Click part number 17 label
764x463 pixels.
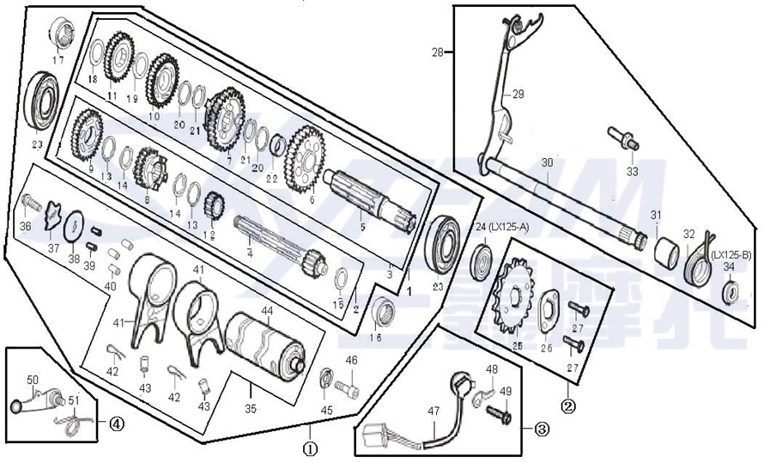(x=58, y=60)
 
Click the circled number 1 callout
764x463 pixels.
(x=310, y=447)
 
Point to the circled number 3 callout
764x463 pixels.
(x=541, y=427)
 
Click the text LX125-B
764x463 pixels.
(x=731, y=254)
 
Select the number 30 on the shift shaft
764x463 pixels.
(x=548, y=162)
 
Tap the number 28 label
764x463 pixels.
(x=439, y=53)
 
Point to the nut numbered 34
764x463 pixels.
(x=731, y=292)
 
